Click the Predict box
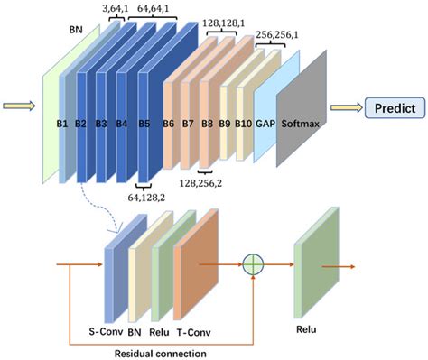[395, 109]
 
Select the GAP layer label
[266, 120]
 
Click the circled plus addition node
[256, 266]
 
